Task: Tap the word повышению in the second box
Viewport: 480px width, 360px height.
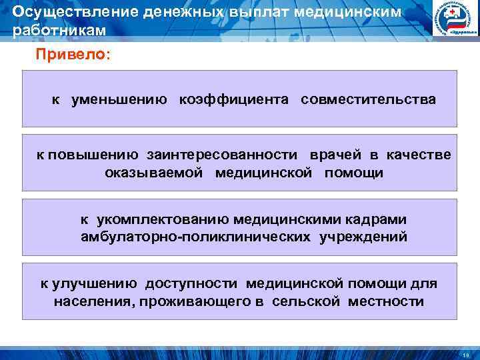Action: point(93,155)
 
